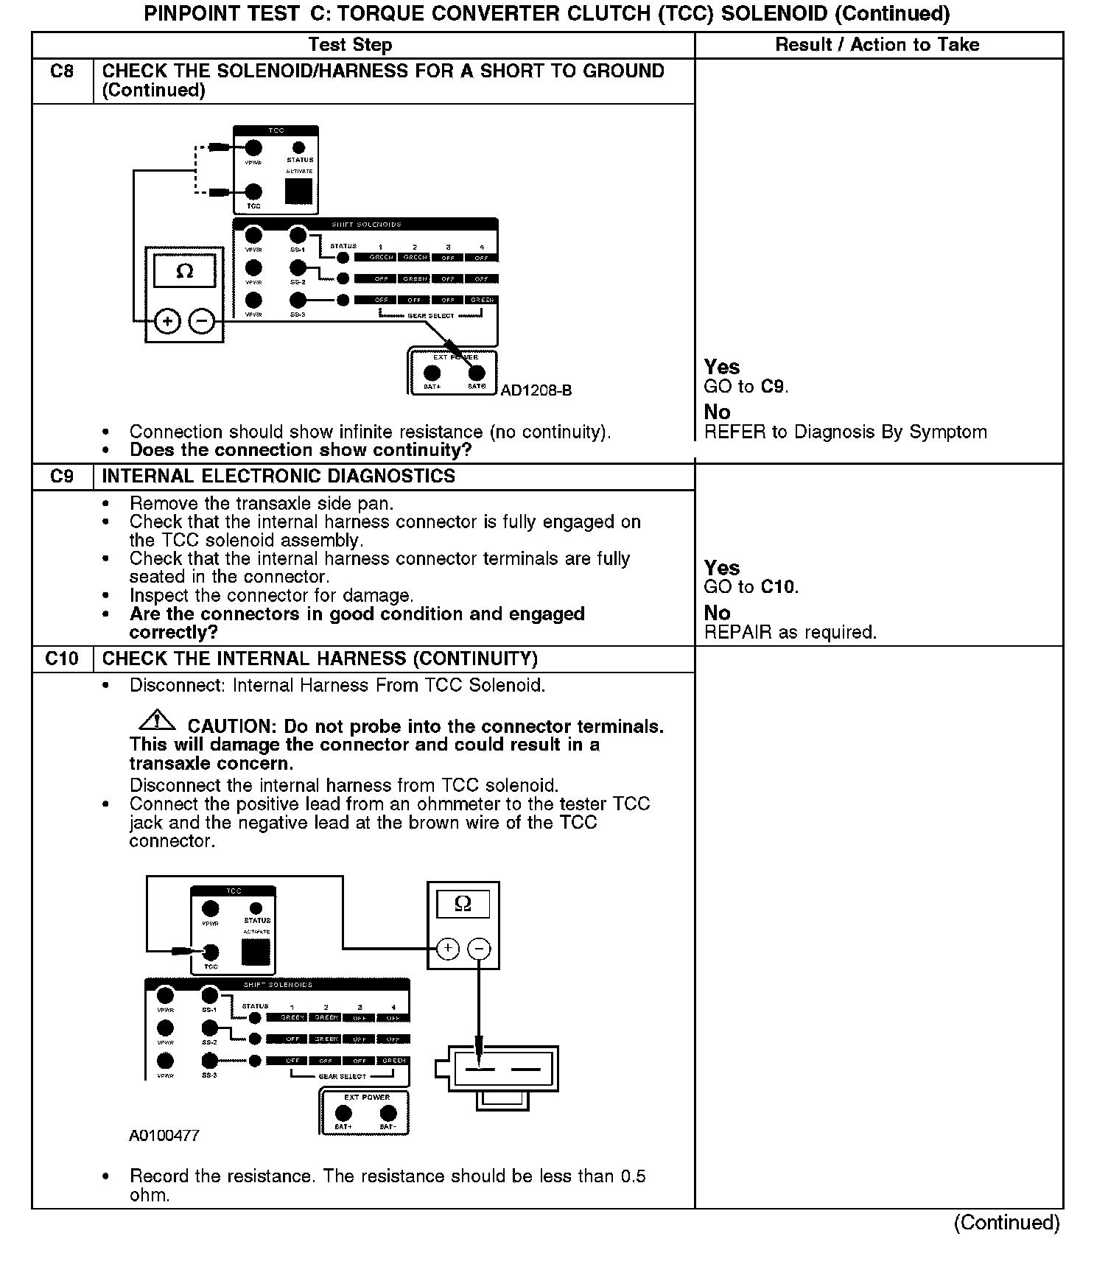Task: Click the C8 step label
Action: [62, 71]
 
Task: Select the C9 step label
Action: [62, 477]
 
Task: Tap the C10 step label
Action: [62, 659]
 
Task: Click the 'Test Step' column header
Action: [350, 45]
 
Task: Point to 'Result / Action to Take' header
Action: [877, 45]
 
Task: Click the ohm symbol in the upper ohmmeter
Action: [185, 271]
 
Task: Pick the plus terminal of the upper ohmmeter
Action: [168, 322]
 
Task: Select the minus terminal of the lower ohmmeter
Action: [479, 949]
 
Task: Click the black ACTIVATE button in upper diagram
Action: [299, 192]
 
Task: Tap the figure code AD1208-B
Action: [536, 390]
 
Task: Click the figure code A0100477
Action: [164, 1136]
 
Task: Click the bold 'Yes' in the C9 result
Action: [722, 568]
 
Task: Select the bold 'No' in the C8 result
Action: [717, 412]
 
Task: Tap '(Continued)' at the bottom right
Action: [1006, 1223]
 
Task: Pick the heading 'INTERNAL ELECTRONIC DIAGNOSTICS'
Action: [278, 477]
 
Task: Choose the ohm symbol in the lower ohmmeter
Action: [463, 904]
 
